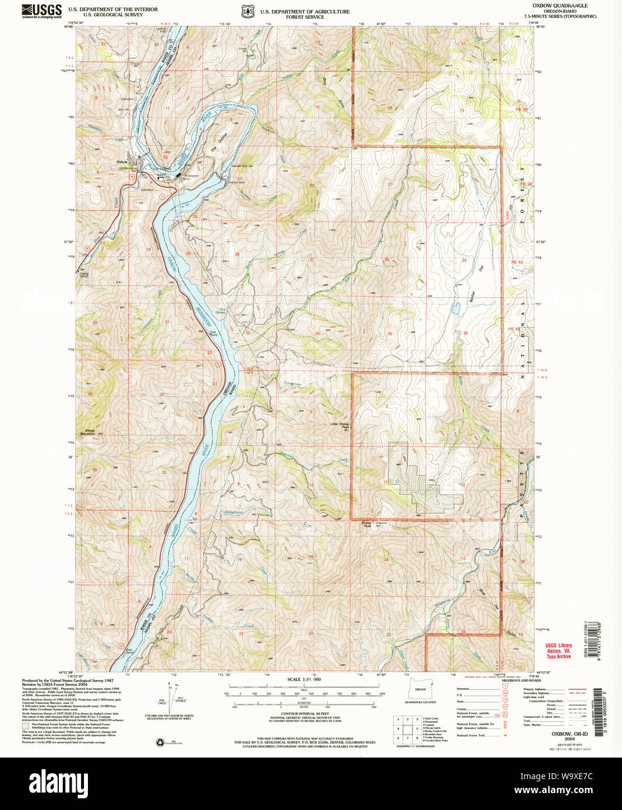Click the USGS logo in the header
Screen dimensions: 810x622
coord(42,11)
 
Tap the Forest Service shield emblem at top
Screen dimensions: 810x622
coord(248,12)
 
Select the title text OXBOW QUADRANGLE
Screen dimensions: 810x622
coord(560,6)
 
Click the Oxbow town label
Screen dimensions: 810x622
coord(122,161)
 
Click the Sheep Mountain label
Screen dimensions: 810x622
coord(87,432)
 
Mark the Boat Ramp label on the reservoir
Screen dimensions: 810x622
coord(213,334)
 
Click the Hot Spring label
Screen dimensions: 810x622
coord(221,311)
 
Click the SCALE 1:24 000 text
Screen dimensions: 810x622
coord(304,679)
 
